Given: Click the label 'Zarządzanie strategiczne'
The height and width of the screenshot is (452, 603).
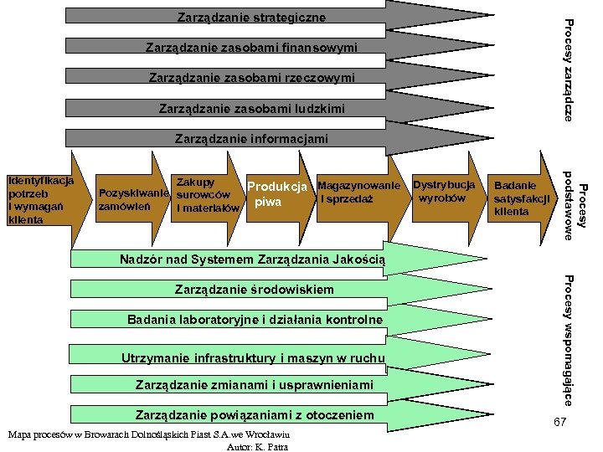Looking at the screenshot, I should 251,17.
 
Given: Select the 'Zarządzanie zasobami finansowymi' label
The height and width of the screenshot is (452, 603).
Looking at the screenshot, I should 251,48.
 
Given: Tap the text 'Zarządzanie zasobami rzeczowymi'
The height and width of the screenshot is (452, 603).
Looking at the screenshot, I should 251,78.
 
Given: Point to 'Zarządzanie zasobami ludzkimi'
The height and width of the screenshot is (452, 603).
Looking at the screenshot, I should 251,109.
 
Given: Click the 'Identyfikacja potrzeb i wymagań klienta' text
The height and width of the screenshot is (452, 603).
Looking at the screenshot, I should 40,200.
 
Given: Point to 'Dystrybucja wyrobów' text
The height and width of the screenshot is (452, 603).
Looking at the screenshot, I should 444,191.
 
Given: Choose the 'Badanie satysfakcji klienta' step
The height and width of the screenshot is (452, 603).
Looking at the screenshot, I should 521,199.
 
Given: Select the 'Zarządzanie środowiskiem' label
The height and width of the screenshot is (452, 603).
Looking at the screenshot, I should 254,290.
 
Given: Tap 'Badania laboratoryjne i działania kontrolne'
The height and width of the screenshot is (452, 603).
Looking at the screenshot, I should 255,320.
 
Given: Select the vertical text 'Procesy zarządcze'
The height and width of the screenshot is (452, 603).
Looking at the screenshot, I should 569,69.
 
